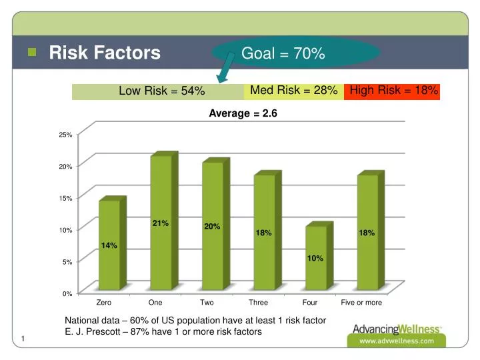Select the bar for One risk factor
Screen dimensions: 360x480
click(x=161, y=223)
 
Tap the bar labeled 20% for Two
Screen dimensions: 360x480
click(x=213, y=227)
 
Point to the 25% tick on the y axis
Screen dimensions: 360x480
click(x=65, y=135)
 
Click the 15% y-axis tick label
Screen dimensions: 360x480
click(x=65, y=199)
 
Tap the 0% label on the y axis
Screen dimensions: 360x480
click(x=67, y=294)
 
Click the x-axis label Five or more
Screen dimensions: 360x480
click(x=361, y=303)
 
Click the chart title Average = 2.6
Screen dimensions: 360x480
click(x=243, y=114)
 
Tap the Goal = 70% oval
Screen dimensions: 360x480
click(x=297, y=53)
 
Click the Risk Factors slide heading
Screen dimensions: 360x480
click(x=105, y=53)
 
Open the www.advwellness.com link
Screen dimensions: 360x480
click(x=397, y=341)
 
